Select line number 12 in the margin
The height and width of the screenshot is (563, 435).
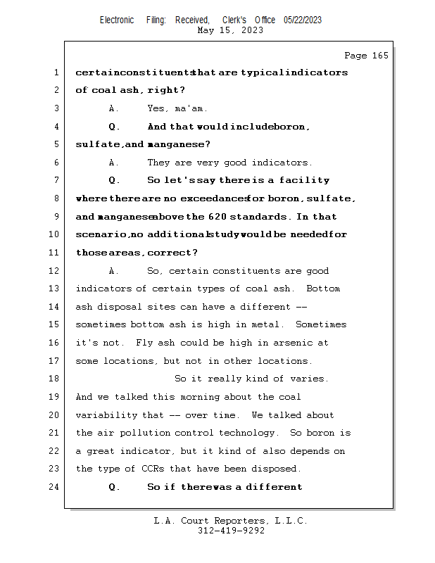56,271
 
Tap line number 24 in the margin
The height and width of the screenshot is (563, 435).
56,487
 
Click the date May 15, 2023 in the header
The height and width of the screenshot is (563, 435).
230,30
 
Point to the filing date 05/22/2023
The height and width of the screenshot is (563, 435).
303,20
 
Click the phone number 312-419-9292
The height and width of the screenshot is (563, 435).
231,531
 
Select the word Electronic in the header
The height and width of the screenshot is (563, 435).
117,20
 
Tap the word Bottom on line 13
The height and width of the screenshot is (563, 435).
323,289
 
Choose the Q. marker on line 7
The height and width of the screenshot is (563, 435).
115,181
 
